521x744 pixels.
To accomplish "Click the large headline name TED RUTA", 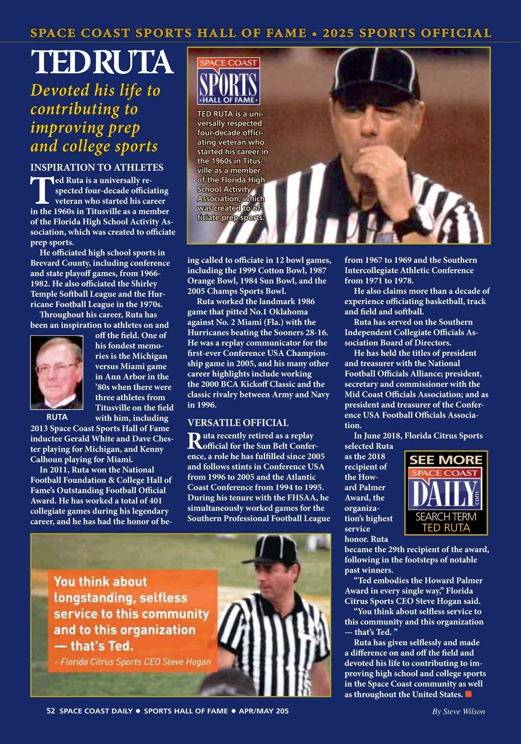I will (x=102, y=62).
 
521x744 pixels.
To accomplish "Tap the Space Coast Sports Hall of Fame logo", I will (x=229, y=81).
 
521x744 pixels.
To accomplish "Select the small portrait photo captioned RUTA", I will (x=56, y=372).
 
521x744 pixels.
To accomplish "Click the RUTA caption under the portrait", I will (x=57, y=417).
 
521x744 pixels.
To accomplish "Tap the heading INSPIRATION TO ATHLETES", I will (x=97, y=168).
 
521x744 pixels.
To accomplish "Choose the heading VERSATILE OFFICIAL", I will (x=237, y=423).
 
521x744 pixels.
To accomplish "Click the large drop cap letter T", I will (x=41, y=191).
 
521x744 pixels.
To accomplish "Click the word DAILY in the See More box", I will (x=443, y=494).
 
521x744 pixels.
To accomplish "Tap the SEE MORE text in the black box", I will (x=446, y=460).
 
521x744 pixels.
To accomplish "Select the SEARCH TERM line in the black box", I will (x=446, y=517).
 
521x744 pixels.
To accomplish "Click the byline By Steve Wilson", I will (x=458, y=711).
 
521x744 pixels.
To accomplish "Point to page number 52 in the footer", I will (x=51, y=711).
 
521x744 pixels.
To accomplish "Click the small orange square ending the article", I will (x=468, y=694).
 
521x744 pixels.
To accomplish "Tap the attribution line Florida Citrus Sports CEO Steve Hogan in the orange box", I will (x=133, y=662).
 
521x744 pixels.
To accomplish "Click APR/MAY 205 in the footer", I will (x=264, y=711).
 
